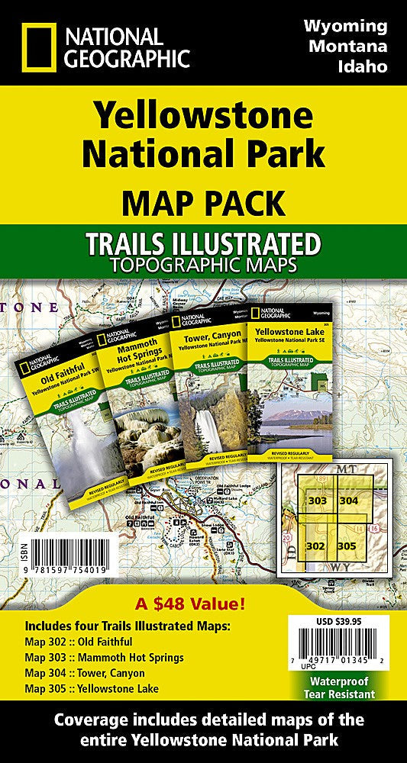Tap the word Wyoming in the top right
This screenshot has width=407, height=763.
[345, 27]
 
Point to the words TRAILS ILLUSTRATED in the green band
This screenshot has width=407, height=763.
[202, 246]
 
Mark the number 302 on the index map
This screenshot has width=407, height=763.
[315, 546]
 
